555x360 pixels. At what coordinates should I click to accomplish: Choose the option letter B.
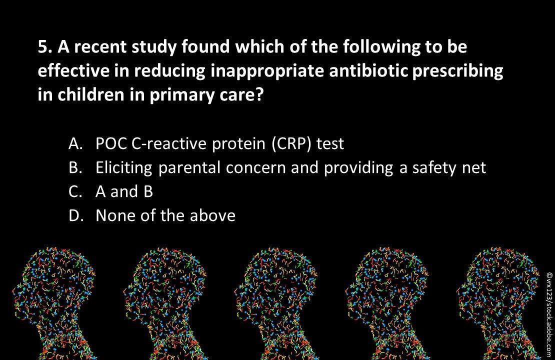pyautogui.click(x=74, y=168)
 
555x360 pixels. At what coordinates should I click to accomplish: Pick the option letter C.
pyautogui.click(x=74, y=192)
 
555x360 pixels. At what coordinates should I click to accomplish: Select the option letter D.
pyautogui.click(x=74, y=215)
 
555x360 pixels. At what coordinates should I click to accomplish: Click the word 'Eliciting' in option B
pyautogui.click(x=123, y=168)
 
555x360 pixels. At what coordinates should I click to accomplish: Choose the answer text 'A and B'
pyautogui.click(x=124, y=192)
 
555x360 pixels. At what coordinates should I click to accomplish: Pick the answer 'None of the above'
pyautogui.click(x=165, y=215)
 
